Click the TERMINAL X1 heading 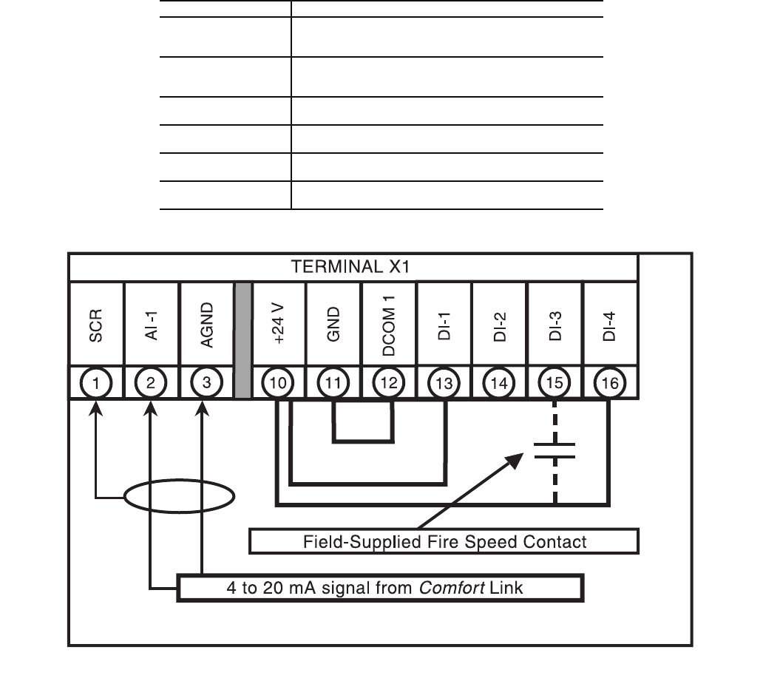[350, 267]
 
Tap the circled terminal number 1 [95, 382]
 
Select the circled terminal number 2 [151, 382]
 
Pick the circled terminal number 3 [206, 382]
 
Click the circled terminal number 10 [279, 382]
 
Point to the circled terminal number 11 [333, 382]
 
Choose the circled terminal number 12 [389, 382]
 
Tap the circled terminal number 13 [444, 382]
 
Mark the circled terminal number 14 [500, 382]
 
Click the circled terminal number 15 [555, 382]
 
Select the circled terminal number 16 [610, 382]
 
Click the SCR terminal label [95, 325]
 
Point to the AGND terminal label [207, 325]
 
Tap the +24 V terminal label [279, 325]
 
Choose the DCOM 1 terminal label [389, 325]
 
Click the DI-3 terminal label [555, 325]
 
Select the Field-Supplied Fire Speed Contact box [444, 542]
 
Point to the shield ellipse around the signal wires [179, 496]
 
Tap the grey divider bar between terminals [243, 339]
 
